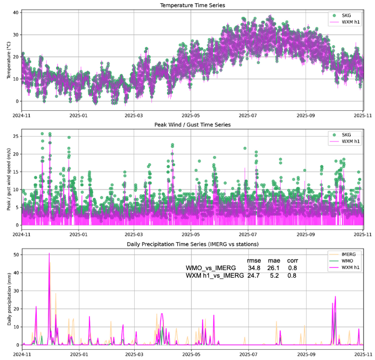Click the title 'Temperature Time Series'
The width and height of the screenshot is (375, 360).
click(x=192, y=5)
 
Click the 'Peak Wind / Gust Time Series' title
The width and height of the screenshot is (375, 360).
click(x=192, y=124)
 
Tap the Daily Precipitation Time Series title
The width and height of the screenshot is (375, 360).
click(x=192, y=244)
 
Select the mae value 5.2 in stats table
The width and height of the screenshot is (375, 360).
click(x=274, y=276)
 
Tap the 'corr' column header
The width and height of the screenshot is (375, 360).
click(x=293, y=259)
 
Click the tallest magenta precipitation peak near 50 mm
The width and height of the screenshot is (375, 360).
click(x=49, y=253)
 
